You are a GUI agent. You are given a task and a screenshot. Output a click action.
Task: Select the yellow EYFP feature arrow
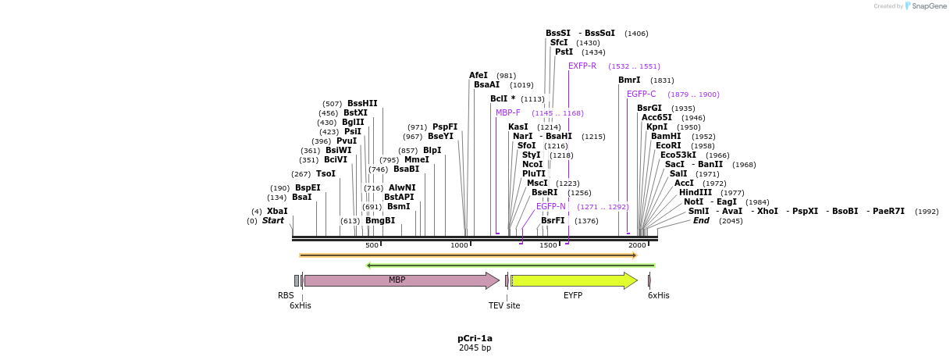point(574,280)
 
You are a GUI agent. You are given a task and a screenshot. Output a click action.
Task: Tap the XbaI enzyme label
point(277,212)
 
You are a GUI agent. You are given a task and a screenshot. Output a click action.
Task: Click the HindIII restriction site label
point(695,193)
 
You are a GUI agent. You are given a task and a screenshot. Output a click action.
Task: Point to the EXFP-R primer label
point(582,66)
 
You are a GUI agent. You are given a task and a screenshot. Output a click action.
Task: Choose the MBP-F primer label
point(508,113)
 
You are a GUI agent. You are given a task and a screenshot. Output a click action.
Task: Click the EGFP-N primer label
point(551,207)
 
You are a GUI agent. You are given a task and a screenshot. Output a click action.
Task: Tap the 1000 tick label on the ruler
point(460,245)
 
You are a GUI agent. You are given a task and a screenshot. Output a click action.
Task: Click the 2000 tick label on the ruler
point(637,245)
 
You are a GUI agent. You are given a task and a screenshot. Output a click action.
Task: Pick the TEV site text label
point(504,306)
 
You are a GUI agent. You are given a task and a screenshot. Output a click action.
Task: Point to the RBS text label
point(286,296)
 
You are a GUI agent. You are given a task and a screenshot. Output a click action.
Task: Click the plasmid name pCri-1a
point(475,339)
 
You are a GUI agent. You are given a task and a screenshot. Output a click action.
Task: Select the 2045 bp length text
point(475,348)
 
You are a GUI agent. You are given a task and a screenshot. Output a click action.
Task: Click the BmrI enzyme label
point(629,80)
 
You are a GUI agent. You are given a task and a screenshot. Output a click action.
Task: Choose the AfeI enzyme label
point(479,76)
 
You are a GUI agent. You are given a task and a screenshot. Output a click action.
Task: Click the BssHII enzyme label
point(362,104)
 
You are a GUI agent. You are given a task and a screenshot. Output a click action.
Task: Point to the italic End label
point(701,221)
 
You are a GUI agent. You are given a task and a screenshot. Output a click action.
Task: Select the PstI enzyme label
point(564,52)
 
